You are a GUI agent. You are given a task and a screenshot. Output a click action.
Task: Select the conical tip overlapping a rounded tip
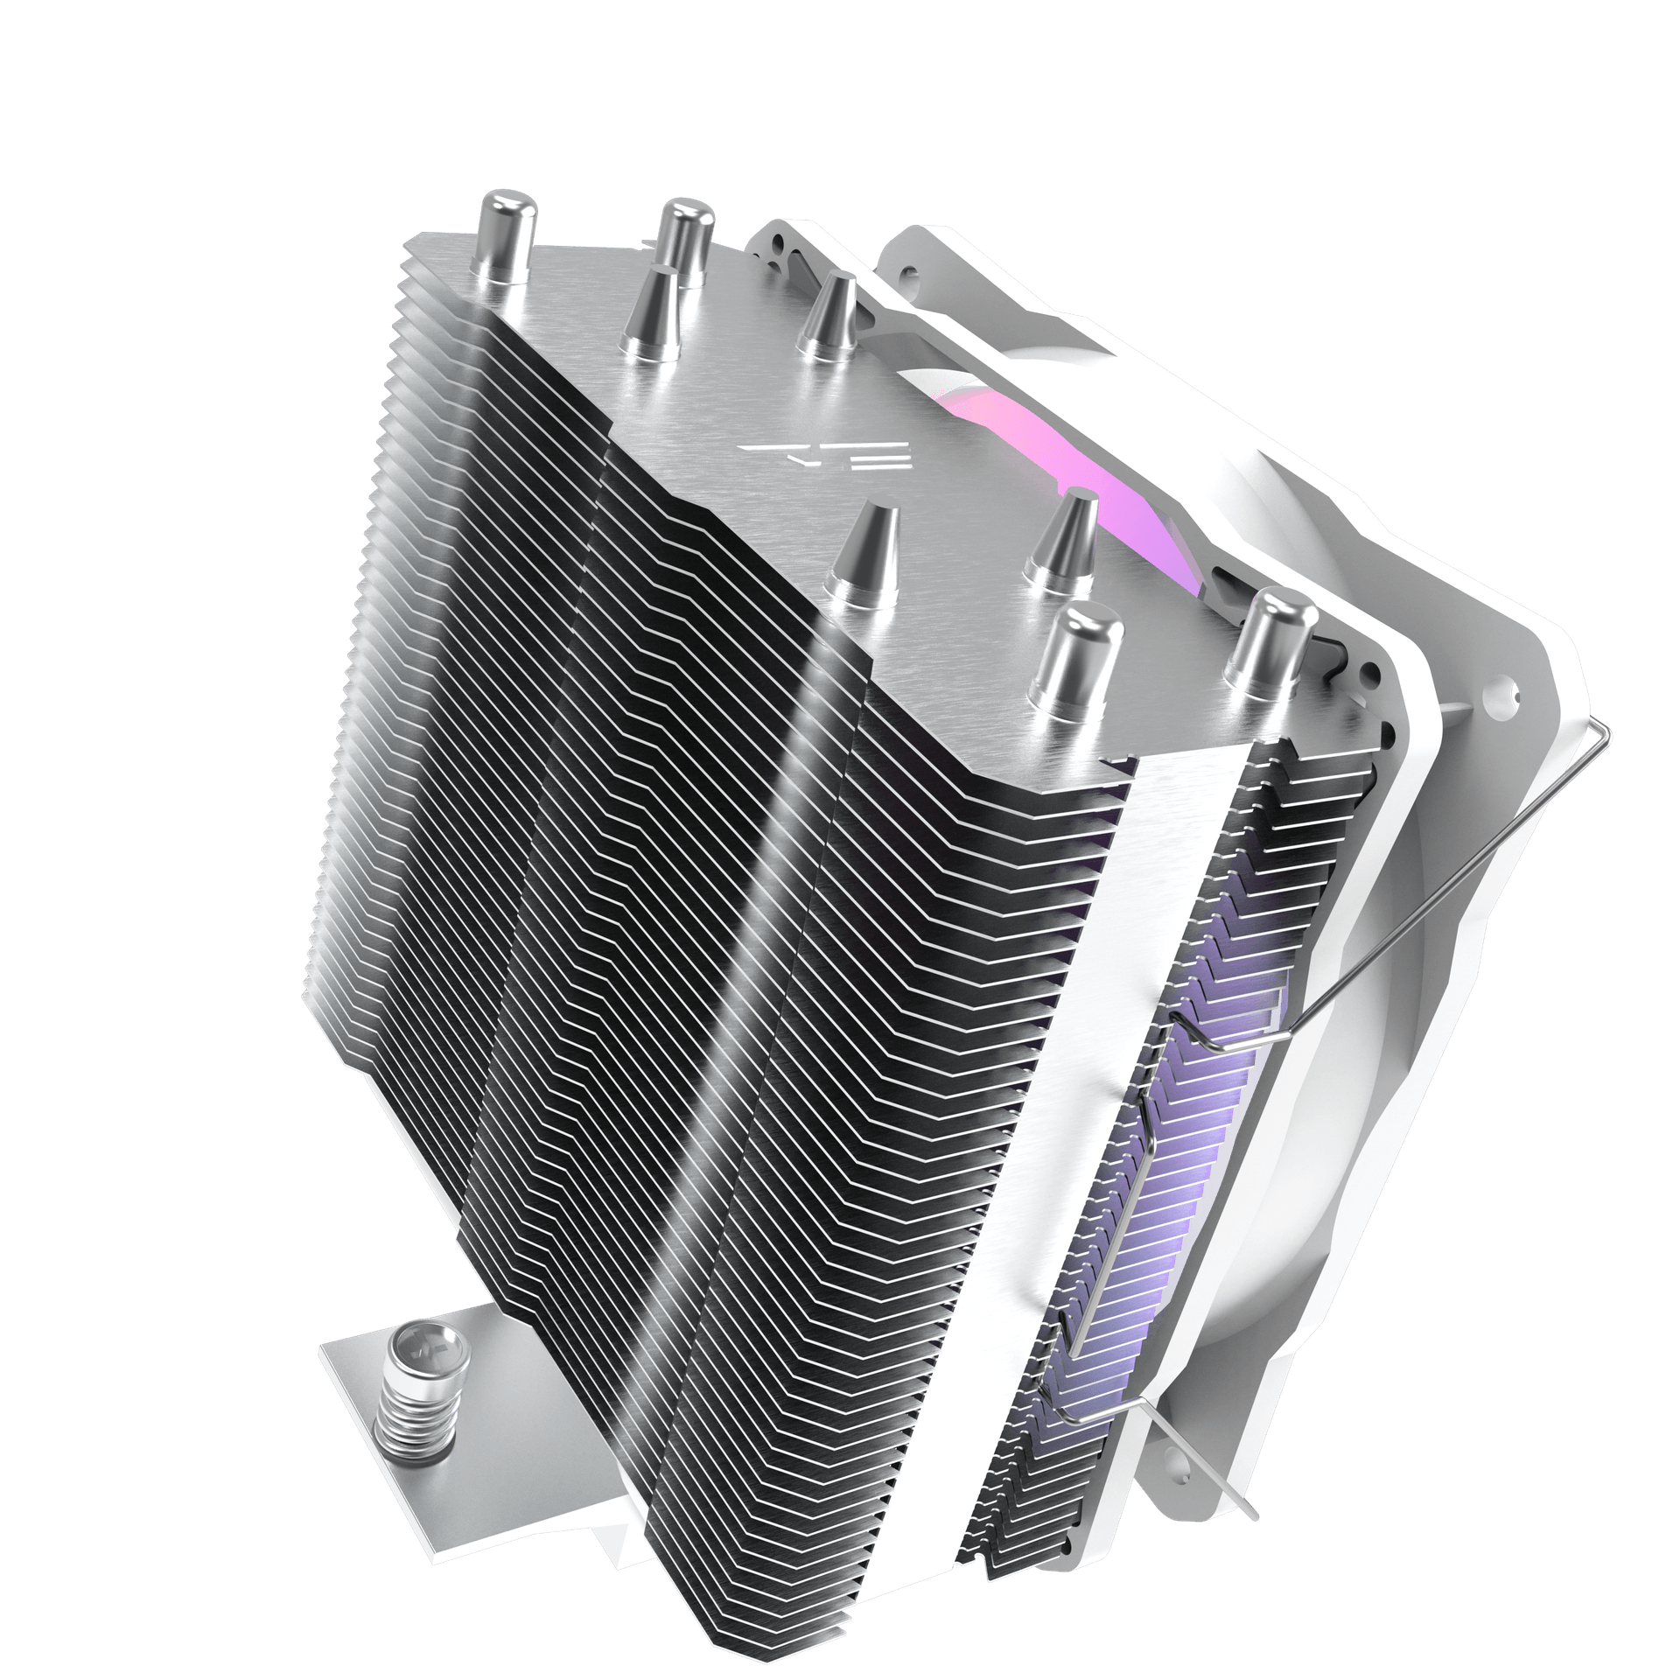pyautogui.click(x=654, y=311)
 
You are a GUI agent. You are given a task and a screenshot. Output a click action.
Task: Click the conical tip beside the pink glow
pyautogui.click(x=1062, y=537)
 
